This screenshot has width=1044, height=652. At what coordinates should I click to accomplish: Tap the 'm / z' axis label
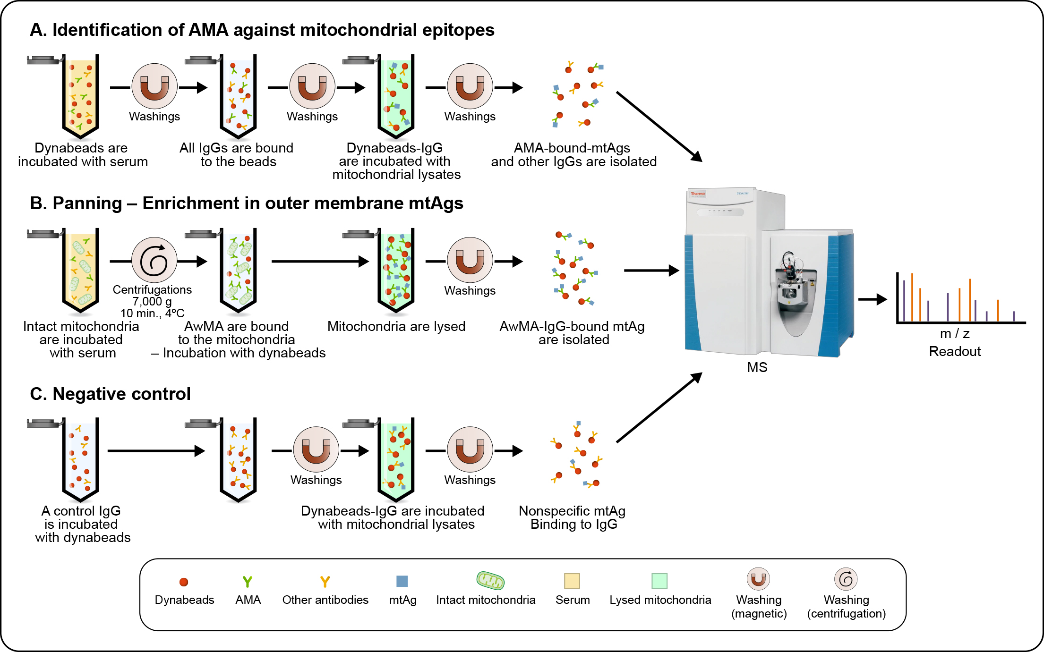tap(955, 334)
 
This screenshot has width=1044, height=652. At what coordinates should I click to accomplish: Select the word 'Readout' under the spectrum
tap(955, 352)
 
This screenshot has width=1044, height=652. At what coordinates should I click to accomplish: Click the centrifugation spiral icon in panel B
tap(154, 260)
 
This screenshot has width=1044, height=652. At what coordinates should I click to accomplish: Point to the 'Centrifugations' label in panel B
tap(152, 289)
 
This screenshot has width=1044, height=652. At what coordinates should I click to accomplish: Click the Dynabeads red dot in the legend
tap(184, 582)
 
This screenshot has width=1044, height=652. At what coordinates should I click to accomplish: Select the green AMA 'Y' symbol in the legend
tap(248, 582)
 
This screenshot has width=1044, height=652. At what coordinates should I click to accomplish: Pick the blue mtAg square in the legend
tap(402, 581)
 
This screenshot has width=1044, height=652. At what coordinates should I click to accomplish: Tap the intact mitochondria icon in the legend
tap(490, 581)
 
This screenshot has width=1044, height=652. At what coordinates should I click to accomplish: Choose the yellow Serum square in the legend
tap(572, 581)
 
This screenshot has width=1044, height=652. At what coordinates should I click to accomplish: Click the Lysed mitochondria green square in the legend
tap(659, 581)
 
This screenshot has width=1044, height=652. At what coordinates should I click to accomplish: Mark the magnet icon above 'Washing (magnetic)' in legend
tap(758, 579)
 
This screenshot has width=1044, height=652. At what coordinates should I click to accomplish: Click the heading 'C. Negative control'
tap(110, 394)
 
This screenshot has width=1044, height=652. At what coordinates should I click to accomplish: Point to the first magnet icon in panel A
tap(154, 86)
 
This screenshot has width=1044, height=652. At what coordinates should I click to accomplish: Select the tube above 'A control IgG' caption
tap(80, 458)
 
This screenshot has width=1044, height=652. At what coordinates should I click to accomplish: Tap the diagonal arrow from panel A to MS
tap(659, 126)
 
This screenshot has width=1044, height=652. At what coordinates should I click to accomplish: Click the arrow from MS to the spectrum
tap(872, 299)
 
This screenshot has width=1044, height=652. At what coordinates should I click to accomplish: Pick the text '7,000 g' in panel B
tap(152, 301)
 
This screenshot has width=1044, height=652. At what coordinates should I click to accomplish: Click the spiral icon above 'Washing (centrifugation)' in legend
tap(846, 579)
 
